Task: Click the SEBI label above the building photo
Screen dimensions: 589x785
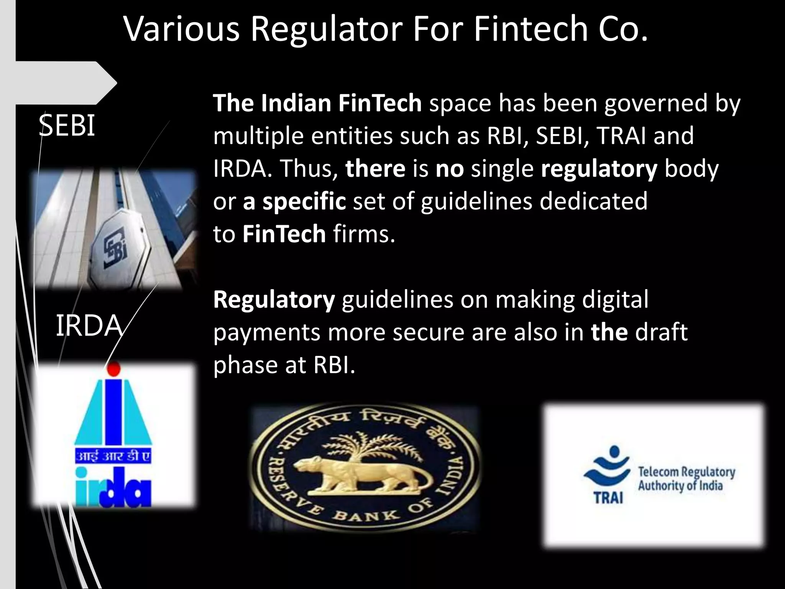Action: pyautogui.click(x=67, y=126)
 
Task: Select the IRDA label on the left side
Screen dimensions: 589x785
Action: pyautogui.click(x=89, y=326)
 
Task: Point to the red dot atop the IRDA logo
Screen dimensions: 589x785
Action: pyautogui.click(x=113, y=369)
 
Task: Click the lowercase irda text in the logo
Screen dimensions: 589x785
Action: pyautogui.click(x=113, y=487)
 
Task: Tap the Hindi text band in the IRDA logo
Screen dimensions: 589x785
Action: pyautogui.click(x=113, y=457)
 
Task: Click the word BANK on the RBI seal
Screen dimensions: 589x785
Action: pyautogui.click(x=365, y=516)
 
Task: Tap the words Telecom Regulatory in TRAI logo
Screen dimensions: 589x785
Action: pyautogui.click(x=686, y=472)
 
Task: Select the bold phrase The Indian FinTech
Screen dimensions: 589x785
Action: pyautogui.click(x=317, y=103)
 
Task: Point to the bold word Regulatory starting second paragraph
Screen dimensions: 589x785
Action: pyautogui.click(x=274, y=299)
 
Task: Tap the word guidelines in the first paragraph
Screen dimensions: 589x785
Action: pyautogui.click(x=476, y=201)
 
